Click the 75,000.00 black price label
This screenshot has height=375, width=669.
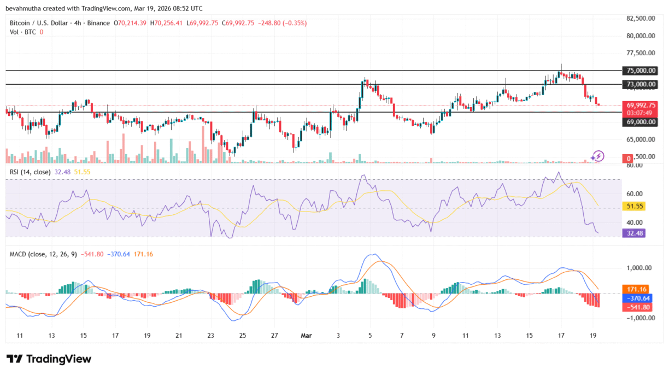[639, 71]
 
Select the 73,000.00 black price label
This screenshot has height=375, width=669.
[639, 84]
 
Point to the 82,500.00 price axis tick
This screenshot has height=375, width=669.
[641, 18]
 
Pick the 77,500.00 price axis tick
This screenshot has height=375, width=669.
[641, 53]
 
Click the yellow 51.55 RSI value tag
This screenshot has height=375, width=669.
[633, 207]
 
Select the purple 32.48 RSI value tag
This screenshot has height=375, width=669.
[633, 232]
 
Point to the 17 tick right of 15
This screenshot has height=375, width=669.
[561, 335]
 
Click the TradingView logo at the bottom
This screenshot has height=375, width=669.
[49, 359]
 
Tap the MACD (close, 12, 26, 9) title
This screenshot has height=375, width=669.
[42, 254]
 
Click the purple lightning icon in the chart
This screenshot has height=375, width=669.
[598, 156]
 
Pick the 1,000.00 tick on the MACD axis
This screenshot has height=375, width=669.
[640, 268]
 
